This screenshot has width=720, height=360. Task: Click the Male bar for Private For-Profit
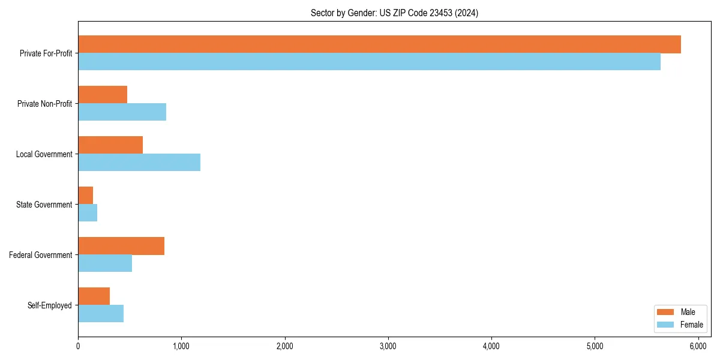coord(379,44)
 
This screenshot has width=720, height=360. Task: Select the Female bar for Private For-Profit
coord(369,62)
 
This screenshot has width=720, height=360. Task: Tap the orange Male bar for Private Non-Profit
coord(103,95)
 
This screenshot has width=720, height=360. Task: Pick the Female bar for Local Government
coord(139,163)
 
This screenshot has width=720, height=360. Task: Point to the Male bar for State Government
coord(86,196)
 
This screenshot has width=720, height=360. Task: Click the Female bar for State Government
coord(88,213)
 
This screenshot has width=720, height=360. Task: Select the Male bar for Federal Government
coord(121,246)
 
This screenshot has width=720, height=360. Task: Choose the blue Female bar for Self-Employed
coord(101,314)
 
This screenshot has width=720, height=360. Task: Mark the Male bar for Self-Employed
coord(94,296)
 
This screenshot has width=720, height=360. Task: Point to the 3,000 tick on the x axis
coord(388,346)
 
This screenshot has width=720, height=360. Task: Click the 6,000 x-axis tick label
coord(698,346)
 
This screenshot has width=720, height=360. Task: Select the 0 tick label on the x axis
coord(78,346)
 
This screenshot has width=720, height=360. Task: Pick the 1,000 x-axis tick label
coord(181,346)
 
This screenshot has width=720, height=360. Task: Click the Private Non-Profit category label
coord(44,104)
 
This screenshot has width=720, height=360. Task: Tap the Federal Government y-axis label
coord(41,255)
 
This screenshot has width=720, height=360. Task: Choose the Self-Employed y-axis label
coord(50,305)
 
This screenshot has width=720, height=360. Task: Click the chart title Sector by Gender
coord(394,13)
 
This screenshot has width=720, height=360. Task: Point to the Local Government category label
coord(44,154)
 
